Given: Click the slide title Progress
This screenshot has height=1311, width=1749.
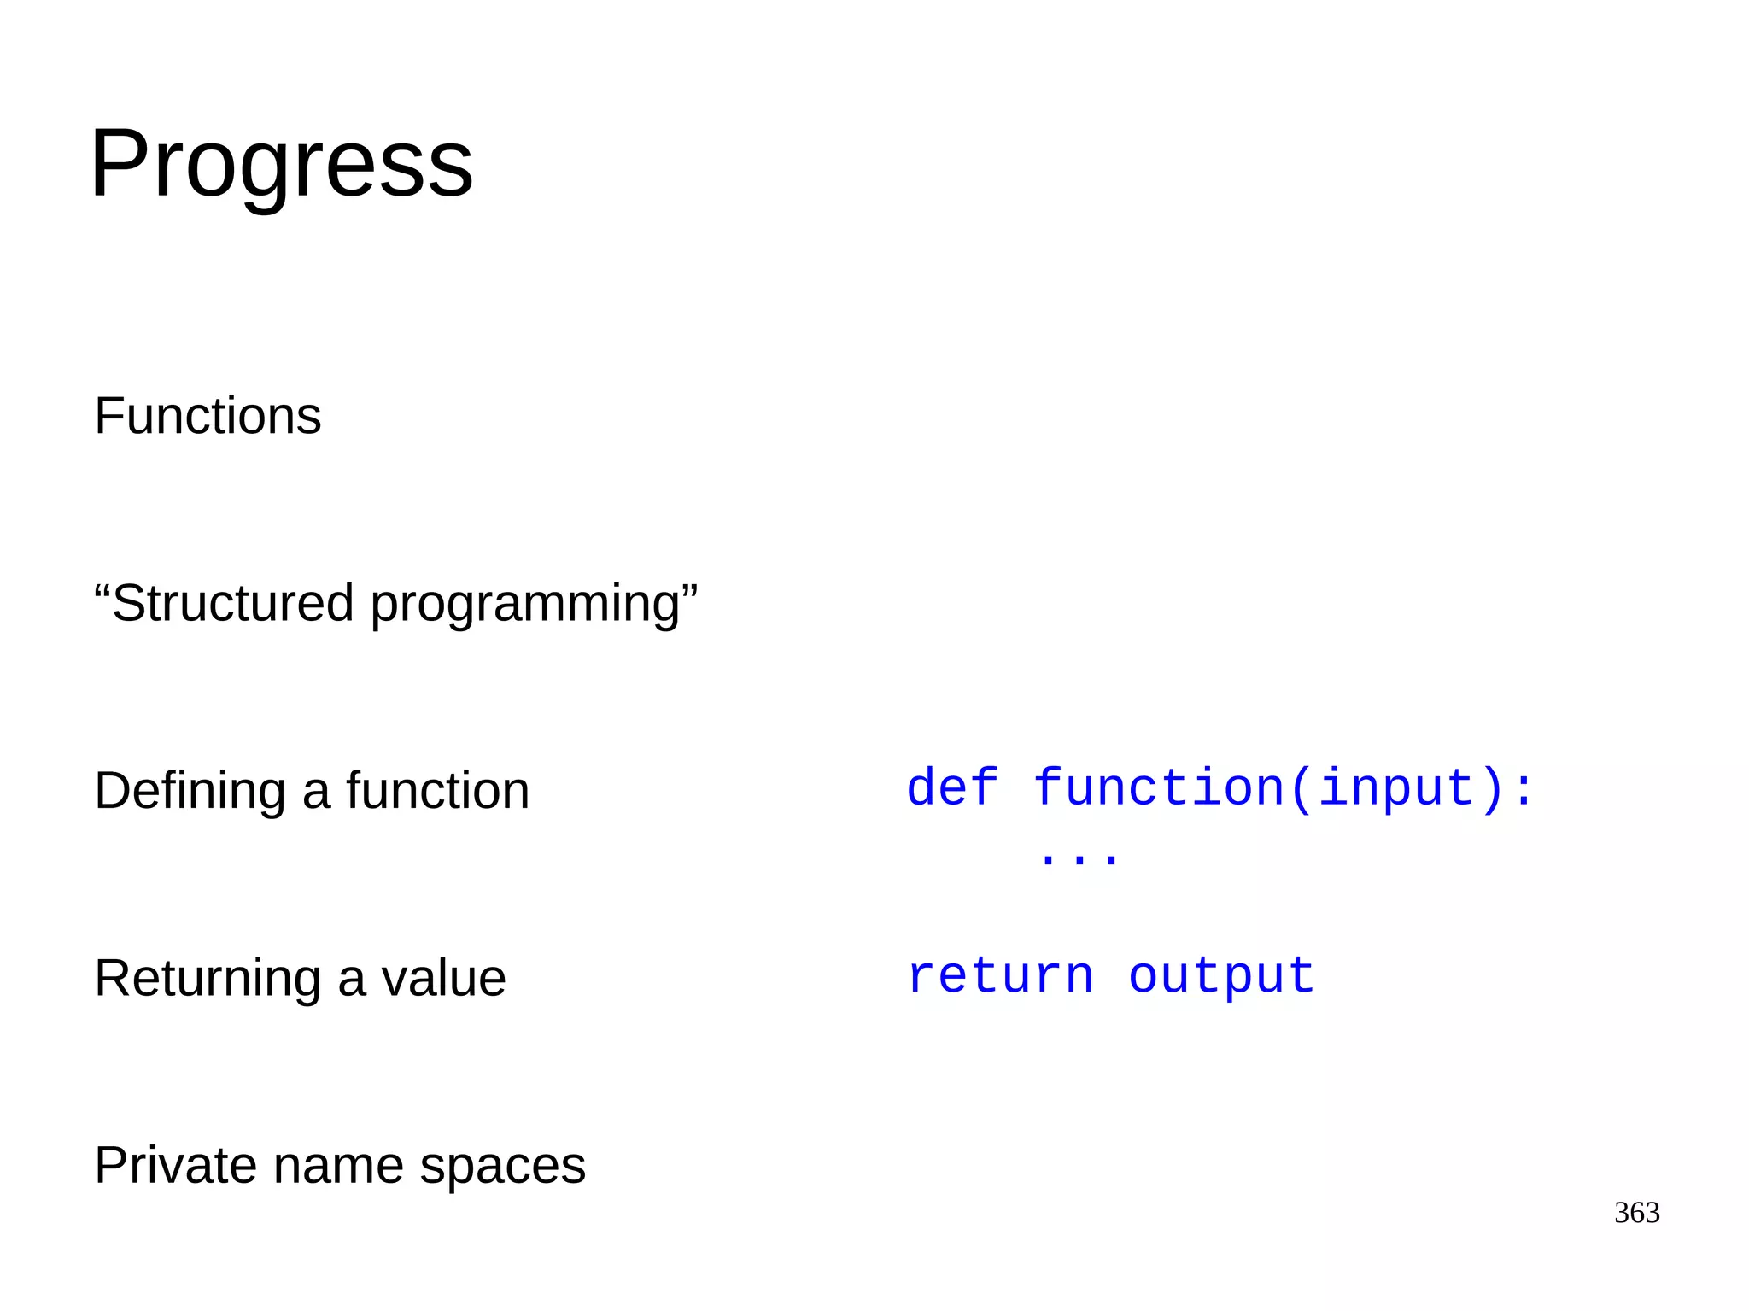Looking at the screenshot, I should click(281, 164).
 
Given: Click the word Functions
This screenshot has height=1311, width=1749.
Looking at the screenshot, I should click(208, 416).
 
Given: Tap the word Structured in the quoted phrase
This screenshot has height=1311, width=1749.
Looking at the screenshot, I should click(233, 603).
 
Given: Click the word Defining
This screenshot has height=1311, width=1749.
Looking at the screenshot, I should click(190, 792).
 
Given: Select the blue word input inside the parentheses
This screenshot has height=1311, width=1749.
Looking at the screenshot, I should click(1396, 788).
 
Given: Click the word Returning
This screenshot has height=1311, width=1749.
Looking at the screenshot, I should click(208, 980).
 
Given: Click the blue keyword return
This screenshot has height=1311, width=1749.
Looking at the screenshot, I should click(1000, 975).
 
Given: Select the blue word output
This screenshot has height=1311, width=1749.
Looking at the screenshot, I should click(1221, 975).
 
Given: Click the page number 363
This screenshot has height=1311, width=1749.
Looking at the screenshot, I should click(1636, 1212).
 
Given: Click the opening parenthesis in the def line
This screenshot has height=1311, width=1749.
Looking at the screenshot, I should click(1300, 788).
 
